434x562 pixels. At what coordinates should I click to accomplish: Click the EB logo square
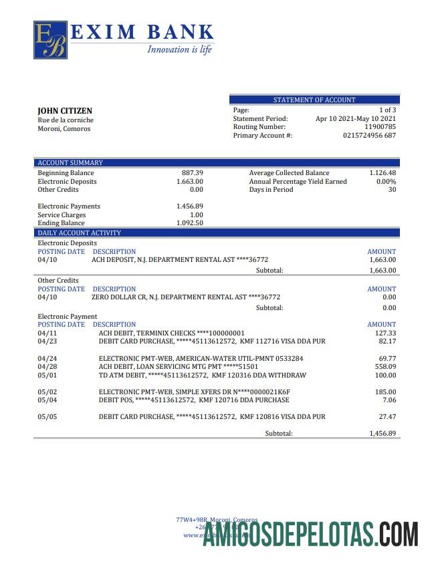click(x=51, y=39)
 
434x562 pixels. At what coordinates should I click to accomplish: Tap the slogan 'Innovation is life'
click(x=179, y=49)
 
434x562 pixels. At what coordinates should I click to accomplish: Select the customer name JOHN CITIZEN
click(x=65, y=111)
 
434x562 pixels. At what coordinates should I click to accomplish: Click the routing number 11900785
click(x=380, y=127)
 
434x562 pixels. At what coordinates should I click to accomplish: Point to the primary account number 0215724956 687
click(x=369, y=136)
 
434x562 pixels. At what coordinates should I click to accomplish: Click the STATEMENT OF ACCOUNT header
click(x=314, y=100)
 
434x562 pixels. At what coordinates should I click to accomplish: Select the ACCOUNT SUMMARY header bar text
click(x=70, y=163)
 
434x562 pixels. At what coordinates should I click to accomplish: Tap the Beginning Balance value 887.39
click(x=193, y=173)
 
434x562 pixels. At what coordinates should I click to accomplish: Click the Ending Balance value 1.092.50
click(x=190, y=223)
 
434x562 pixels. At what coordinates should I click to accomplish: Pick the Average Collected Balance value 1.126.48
click(x=383, y=173)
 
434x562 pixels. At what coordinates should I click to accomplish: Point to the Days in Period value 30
click(x=392, y=190)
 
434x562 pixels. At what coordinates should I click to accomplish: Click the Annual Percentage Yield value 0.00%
click(x=386, y=182)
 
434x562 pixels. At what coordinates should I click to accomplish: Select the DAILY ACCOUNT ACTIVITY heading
click(x=79, y=233)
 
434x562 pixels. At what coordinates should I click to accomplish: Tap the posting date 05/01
click(x=47, y=376)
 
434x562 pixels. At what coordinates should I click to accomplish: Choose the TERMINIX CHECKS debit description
click(x=171, y=333)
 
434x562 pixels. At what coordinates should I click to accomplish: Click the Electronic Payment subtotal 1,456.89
click(x=383, y=434)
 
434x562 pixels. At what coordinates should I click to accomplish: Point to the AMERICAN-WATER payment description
click(x=201, y=359)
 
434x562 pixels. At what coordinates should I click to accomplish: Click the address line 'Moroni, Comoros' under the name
click(x=64, y=129)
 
